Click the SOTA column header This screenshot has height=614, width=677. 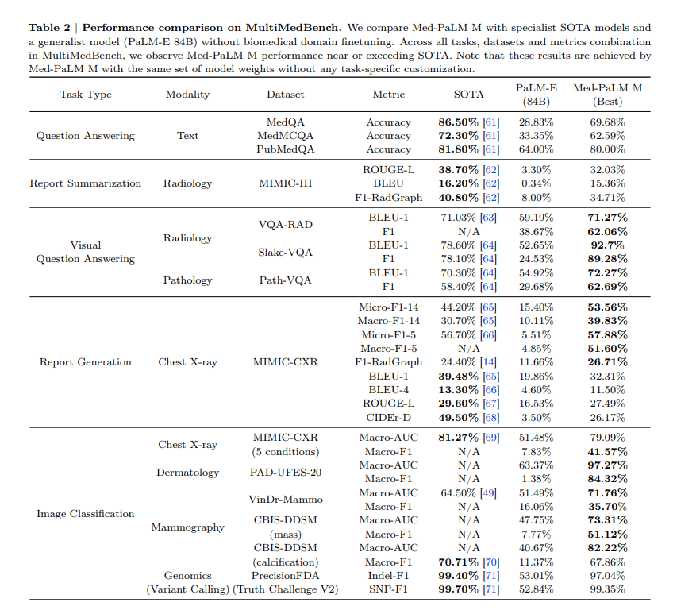(x=468, y=94)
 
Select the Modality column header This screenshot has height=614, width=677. (x=187, y=94)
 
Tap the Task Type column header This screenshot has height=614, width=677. (x=86, y=94)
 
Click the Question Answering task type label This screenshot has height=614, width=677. (x=86, y=136)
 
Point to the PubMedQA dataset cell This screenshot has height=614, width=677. (x=285, y=149)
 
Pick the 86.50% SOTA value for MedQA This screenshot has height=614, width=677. (x=458, y=122)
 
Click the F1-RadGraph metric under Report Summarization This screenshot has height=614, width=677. (x=388, y=197)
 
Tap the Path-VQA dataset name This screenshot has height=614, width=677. (x=285, y=280)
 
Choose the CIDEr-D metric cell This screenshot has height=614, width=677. (x=388, y=416)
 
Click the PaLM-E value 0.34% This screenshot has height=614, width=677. (x=536, y=183)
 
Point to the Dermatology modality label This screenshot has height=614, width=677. (x=187, y=473)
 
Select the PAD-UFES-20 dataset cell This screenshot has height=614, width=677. (x=285, y=473)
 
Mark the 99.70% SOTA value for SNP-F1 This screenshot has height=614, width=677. (x=458, y=589)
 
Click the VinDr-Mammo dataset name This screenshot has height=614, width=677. (x=285, y=500)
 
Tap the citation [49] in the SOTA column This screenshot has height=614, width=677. (x=490, y=493)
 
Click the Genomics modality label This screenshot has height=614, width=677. (x=187, y=575)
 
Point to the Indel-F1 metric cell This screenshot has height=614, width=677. (x=388, y=575)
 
